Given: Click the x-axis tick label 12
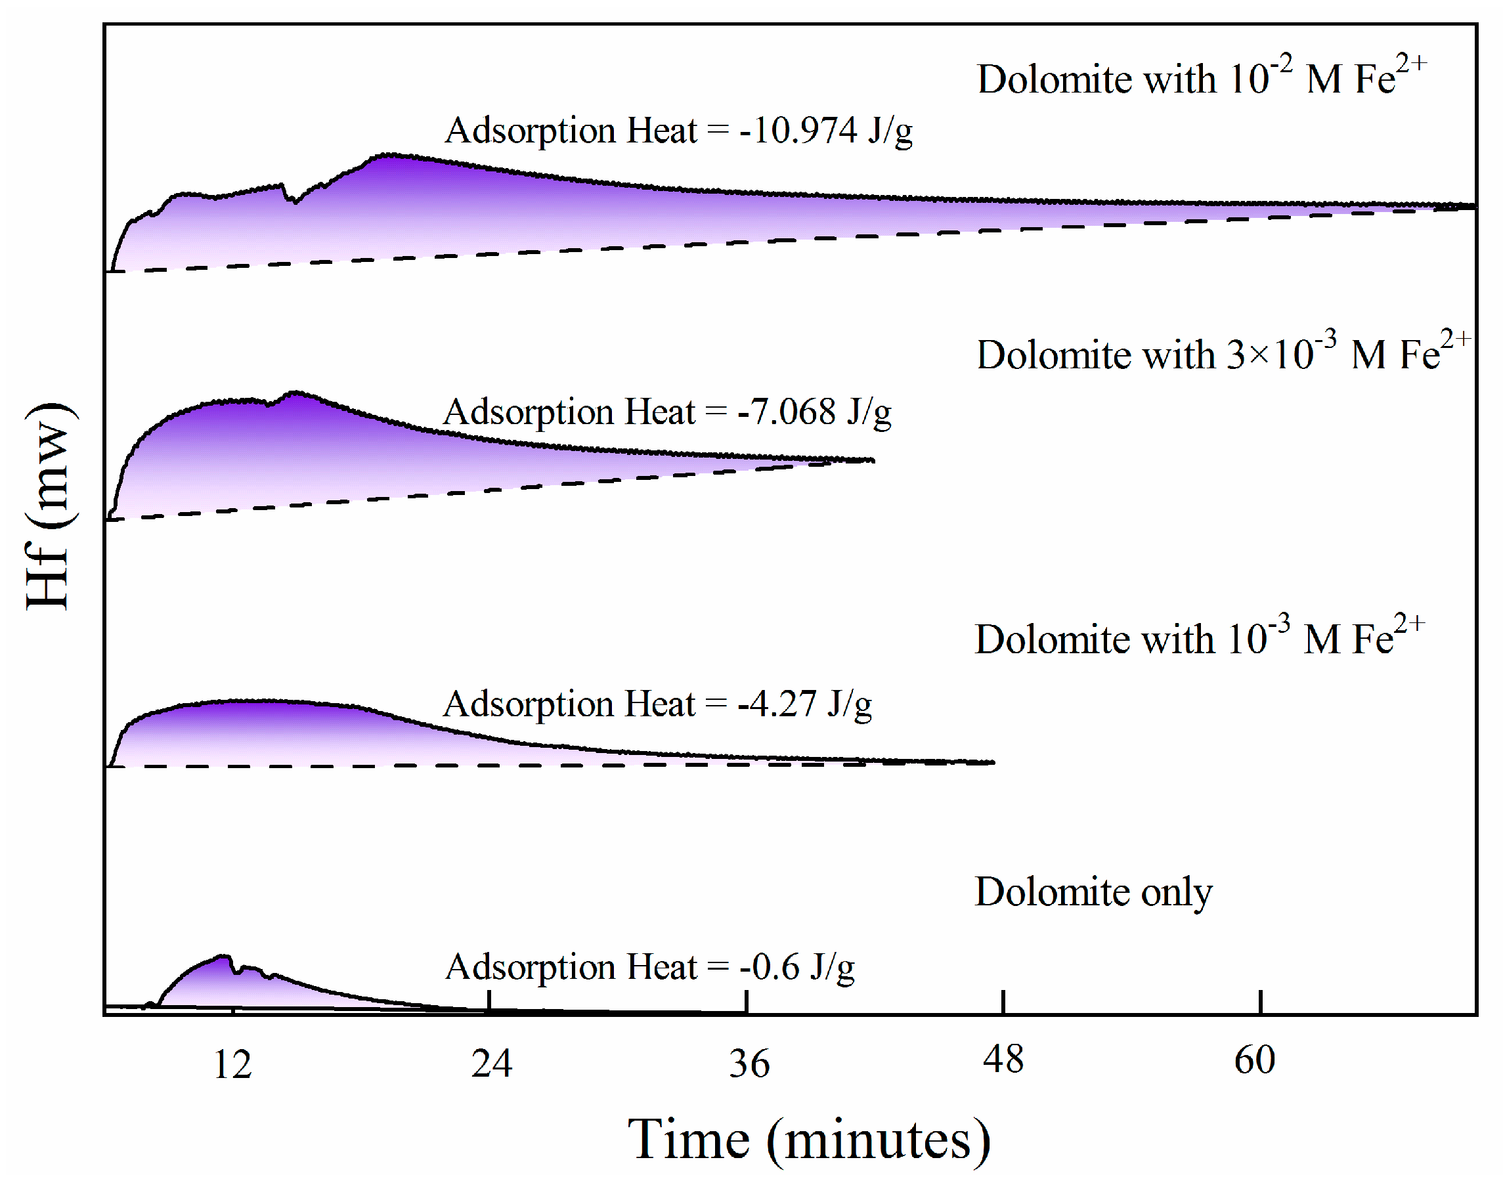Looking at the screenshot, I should (232, 1065).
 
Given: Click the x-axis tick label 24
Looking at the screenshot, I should (491, 1064).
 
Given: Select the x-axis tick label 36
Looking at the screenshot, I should (749, 1064).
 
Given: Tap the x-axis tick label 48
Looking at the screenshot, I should (1003, 1060).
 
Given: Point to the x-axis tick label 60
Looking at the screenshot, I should (1254, 1060).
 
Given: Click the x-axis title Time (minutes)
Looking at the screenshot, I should (809, 1139).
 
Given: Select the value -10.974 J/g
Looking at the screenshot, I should (825, 131).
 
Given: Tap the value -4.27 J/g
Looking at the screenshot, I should (804, 704).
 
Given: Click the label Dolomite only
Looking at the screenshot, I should (1093, 892).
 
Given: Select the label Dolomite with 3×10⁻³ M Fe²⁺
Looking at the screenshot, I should (1221, 354).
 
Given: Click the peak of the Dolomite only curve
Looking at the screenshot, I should (223, 957).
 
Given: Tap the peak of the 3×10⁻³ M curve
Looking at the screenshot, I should (297, 393).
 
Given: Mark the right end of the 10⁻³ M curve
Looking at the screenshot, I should (993, 762).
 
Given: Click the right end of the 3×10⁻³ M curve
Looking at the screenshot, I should (872, 460).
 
